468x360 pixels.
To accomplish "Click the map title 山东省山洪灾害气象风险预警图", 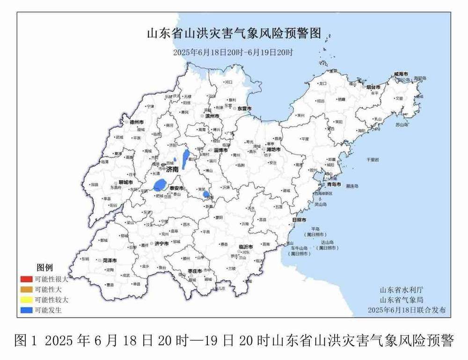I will point(234,34).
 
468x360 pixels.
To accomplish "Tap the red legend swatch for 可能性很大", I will point(26,280).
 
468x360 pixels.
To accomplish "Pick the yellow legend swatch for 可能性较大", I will point(26,300).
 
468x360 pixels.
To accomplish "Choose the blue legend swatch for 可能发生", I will point(26,309).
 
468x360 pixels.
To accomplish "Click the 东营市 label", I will point(244,109).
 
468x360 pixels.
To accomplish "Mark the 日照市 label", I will point(299,220).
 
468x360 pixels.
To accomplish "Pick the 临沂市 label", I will point(246,246).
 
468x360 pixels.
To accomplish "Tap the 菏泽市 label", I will point(110,260).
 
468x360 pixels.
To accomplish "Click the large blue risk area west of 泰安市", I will point(160,184).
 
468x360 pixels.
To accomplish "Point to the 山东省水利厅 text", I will point(402,290).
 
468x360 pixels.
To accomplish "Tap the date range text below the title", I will point(233,51).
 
